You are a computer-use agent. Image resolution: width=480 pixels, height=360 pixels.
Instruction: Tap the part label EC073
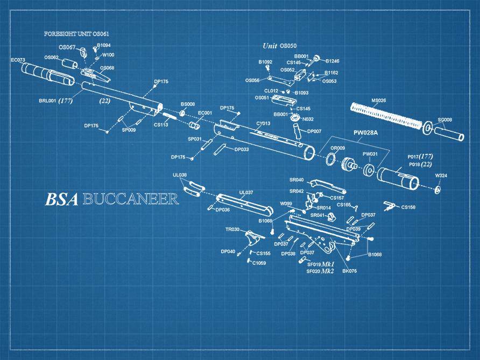(18, 60)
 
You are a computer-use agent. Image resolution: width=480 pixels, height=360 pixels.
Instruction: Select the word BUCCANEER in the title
(131, 199)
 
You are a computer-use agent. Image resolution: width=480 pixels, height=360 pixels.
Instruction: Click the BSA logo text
(61, 199)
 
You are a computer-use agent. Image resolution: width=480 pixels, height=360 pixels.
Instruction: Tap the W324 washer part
(437, 189)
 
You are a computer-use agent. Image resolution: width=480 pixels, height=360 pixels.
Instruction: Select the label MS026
(378, 100)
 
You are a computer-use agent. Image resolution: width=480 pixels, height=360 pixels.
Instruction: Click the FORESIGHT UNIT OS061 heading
(77, 34)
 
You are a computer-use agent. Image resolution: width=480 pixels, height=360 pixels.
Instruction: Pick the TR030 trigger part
(253, 237)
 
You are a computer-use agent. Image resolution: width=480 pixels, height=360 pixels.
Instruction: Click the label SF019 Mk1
(321, 264)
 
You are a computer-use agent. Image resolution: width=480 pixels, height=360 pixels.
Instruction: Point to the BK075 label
(349, 271)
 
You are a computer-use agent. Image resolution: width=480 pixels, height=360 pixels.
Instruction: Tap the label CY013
(263, 123)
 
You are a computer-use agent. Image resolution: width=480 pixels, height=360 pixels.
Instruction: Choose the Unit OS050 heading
(279, 46)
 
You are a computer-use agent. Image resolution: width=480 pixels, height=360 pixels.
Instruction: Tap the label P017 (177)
(420, 157)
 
